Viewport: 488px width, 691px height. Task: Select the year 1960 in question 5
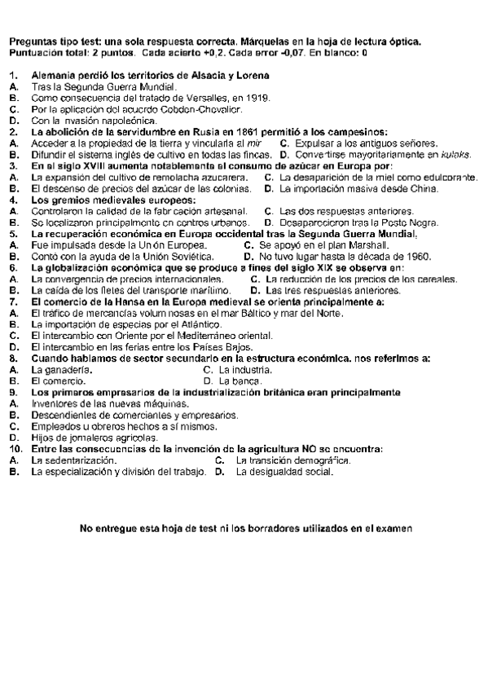click(x=415, y=256)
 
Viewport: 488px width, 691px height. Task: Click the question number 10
click(x=14, y=449)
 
